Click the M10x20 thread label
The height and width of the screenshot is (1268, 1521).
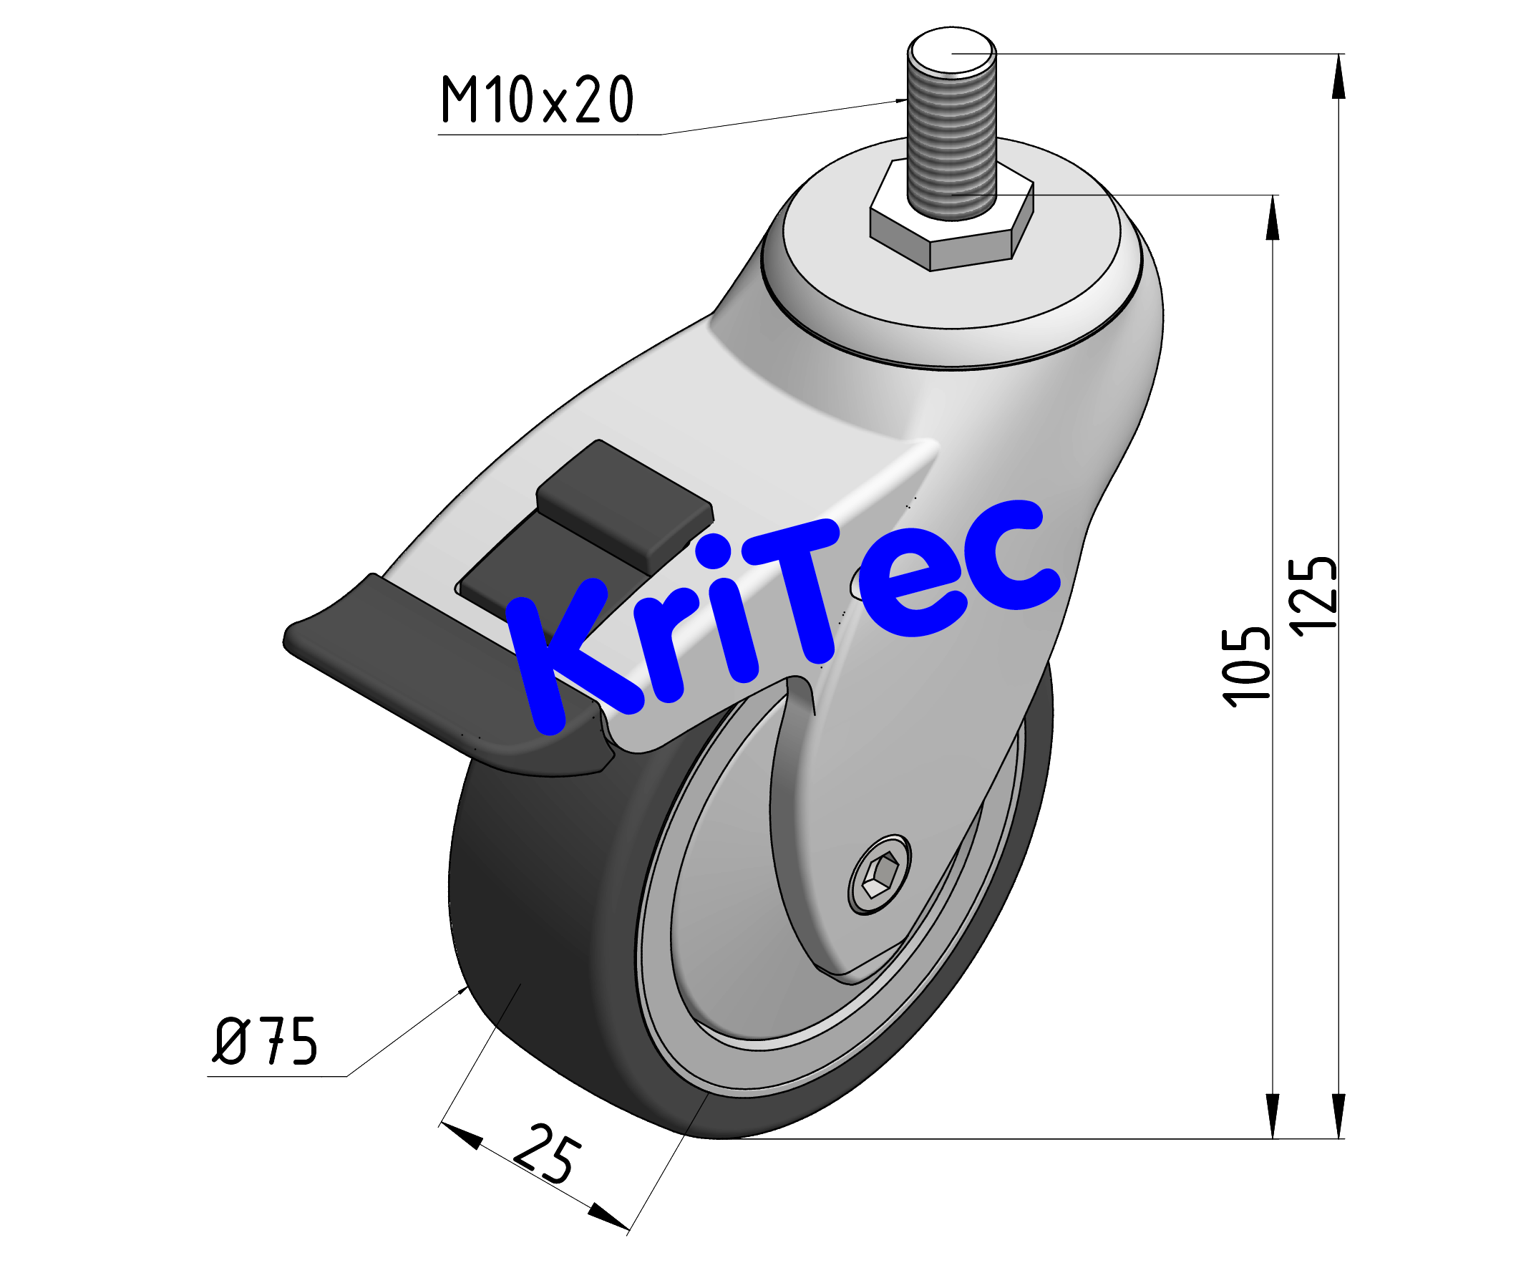coord(537,100)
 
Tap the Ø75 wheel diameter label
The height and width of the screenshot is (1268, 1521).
coord(265,1041)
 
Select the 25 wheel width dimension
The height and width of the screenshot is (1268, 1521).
coord(547,1154)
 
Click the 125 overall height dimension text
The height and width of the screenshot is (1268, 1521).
coord(1313,596)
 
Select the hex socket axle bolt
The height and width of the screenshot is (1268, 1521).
coord(879,874)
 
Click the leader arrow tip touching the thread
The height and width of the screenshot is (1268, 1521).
coord(903,101)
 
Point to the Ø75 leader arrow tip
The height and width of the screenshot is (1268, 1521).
coord(465,989)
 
